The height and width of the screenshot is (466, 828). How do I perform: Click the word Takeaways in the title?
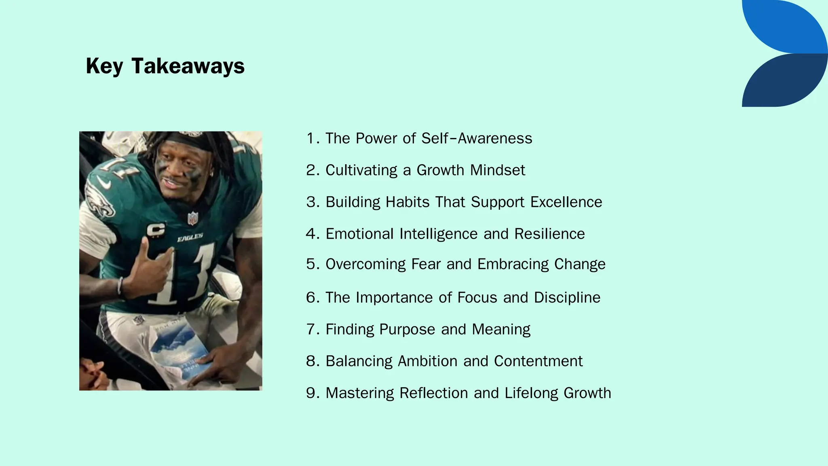click(188, 66)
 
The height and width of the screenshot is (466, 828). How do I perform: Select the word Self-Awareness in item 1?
click(477, 138)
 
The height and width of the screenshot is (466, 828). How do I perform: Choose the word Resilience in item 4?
click(549, 234)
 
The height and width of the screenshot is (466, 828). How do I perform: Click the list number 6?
click(311, 298)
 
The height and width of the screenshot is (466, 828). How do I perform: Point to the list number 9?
click(311, 393)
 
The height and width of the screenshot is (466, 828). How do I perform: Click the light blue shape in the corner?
click(788, 26)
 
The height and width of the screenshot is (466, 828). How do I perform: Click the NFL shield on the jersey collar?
click(193, 218)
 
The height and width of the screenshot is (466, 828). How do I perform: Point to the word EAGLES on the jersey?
click(190, 238)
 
